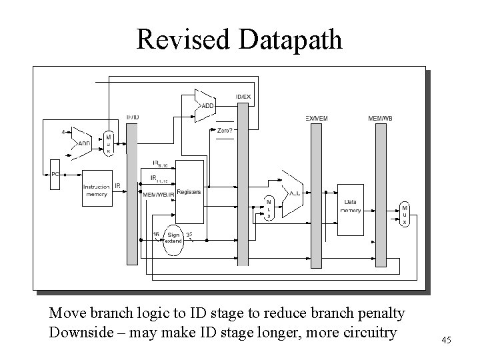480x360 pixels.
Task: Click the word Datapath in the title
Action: pos(290,40)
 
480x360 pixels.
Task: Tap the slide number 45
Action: pos(446,341)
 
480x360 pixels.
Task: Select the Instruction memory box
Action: pos(97,189)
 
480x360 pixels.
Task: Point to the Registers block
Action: pos(189,197)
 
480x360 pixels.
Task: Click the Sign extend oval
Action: pos(173,238)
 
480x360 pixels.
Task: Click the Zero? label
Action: pos(225,131)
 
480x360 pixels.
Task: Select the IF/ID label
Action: pos(133,118)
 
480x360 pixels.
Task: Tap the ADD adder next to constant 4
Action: pos(84,143)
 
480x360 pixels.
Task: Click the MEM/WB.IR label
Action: pos(158,195)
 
